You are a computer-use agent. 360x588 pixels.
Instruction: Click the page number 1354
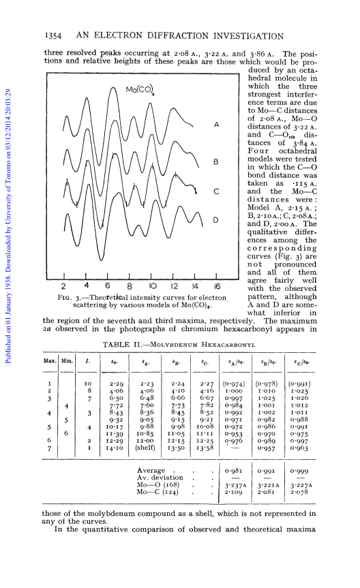(53, 36)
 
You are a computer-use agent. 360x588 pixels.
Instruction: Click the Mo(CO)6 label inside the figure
(140, 89)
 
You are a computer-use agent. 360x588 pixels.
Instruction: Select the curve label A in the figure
(216, 125)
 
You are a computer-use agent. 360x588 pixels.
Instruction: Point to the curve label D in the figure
(216, 220)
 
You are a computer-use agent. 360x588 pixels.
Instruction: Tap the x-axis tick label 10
(153, 286)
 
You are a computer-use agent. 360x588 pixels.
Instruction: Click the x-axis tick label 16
(217, 286)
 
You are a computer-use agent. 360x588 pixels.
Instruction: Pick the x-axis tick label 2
(63, 286)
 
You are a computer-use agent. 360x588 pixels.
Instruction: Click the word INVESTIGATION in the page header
(248, 36)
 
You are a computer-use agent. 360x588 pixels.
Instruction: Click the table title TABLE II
(121, 345)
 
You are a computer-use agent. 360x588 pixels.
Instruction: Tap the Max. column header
(50, 360)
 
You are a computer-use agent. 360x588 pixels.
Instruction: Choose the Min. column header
(67, 360)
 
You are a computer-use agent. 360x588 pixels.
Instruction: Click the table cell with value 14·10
(114, 448)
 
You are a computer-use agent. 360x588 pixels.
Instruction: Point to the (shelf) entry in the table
(145, 448)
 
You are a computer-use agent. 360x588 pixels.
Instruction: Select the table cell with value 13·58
(205, 448)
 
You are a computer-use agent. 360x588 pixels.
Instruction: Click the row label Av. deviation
(160, 478)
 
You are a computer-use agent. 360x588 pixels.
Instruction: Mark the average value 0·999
(299, 471)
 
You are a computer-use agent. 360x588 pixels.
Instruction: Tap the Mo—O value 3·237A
(235, 485)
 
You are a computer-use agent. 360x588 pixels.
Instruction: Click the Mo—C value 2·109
(233, 492)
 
